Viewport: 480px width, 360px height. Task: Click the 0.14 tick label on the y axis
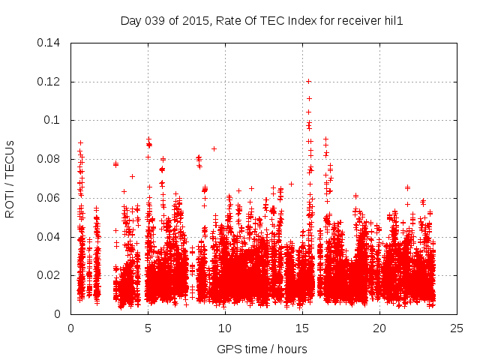pos(50,43)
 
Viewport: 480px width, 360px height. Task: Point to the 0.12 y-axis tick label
pos(50,82)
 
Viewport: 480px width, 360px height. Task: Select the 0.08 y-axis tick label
pos(50,159)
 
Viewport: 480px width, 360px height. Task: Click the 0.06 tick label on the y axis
pos(50,198)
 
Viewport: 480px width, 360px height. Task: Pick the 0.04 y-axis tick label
pos(50,237)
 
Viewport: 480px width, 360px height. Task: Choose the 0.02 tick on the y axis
pos(50,275)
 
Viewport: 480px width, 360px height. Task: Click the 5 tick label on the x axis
pos(148,328)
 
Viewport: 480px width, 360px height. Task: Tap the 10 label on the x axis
pos(225,328)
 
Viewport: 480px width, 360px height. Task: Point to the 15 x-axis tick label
pos(302,328)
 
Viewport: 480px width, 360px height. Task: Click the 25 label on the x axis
pos(457,328)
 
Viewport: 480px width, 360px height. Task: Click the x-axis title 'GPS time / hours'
pos(262,349)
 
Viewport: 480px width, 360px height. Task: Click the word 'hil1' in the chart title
pos(394,21)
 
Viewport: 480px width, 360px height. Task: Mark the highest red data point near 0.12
pos(308,81)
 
